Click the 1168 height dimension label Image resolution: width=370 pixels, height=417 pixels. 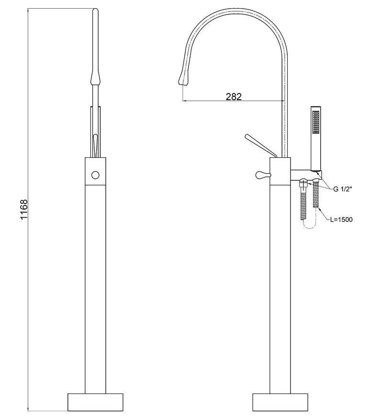[24, 209]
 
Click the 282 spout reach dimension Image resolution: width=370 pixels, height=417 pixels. [234, 96]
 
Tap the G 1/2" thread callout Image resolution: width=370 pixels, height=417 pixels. [343, 189]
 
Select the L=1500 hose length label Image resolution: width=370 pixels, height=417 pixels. [341, 220]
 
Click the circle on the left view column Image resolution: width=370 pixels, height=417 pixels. [95, 175]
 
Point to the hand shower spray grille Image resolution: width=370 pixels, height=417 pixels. [316, 122]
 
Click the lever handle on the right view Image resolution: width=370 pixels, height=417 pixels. [260, 146]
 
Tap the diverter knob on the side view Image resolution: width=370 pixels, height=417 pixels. [263, 175]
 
